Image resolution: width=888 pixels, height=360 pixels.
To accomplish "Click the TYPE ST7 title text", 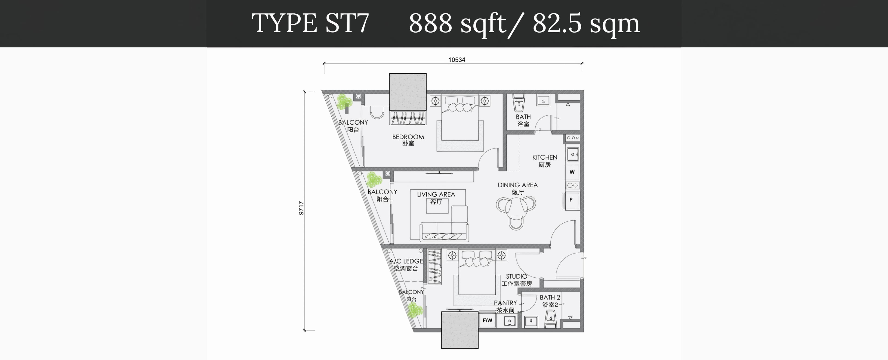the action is (310, 23).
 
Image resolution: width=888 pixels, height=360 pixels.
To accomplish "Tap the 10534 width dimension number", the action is (456, 60).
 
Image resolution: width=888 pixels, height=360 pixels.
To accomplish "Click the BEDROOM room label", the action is (408, 137).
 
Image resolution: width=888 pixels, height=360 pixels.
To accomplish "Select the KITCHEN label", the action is (545, 157).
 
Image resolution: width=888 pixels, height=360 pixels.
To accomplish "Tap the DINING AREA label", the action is (518, 185).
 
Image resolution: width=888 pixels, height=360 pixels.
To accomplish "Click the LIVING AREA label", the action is (436, 195).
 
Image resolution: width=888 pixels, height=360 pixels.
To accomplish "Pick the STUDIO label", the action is (516, 276).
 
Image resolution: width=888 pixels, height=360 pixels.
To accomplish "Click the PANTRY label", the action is (505, 303).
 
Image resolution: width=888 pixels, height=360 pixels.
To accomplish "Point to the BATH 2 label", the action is (550, 297).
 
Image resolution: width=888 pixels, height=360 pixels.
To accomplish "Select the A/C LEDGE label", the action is (406, 261).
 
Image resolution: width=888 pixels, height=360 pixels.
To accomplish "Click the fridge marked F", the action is (571, 200).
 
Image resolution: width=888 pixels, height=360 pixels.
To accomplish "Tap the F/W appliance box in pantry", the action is (487, 321).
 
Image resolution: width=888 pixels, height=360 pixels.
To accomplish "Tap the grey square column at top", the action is (408, 92).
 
